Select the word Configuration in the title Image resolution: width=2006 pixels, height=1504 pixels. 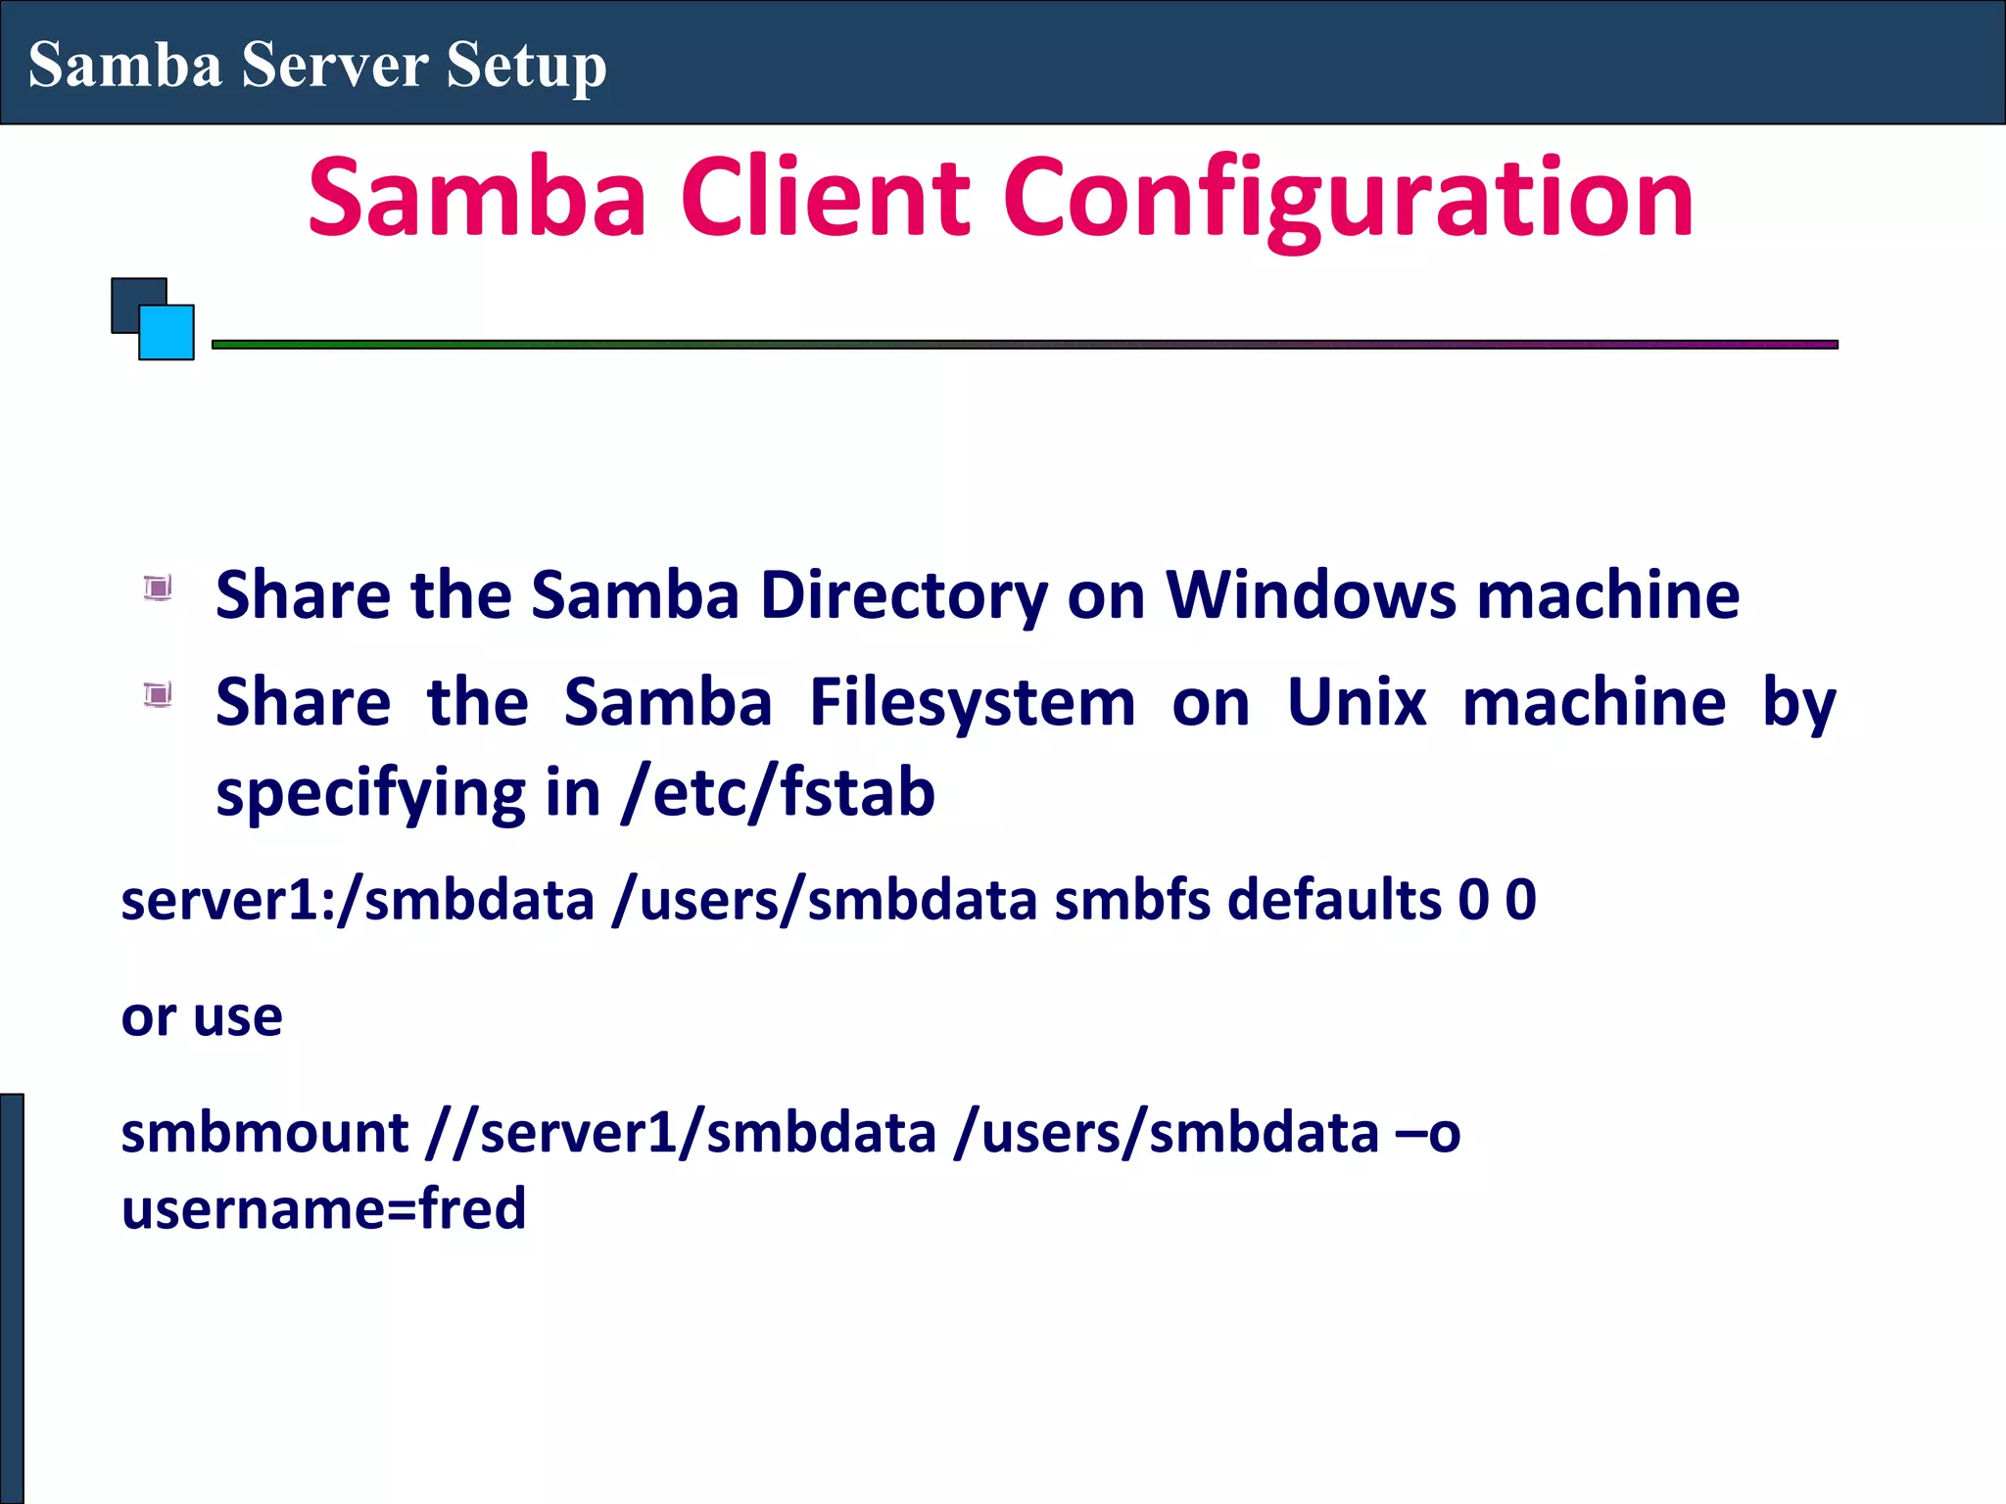pos(1348,201)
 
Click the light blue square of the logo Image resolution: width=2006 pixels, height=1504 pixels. pos(167,333)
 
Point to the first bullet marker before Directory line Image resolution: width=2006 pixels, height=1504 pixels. pos(158,587)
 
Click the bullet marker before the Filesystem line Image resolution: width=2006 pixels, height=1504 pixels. pos(158,695)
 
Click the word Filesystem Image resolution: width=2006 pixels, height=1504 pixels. pos(972,702)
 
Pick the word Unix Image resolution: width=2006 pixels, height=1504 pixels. pos(1357,702)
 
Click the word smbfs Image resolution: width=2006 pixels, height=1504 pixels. pos(1132,900)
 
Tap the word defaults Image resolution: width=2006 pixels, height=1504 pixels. pos(1334,900)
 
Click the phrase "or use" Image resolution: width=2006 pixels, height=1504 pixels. pos(202,1016)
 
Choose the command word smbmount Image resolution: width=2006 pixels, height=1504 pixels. pos(264,1133)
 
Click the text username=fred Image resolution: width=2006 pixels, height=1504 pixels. pos(323,1208)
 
